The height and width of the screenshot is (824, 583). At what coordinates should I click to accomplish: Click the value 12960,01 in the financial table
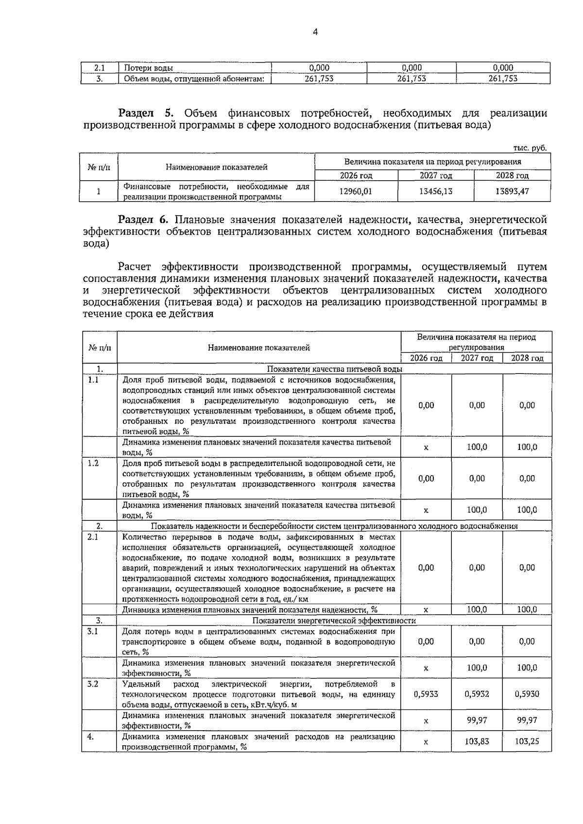point(356,191)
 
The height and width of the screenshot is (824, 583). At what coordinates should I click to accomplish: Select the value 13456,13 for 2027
point(436,191)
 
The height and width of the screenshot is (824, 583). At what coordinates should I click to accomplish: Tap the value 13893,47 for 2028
point(512,191)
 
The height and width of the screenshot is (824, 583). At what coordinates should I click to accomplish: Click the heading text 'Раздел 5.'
point(146,114)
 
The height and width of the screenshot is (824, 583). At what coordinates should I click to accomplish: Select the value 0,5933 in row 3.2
point(426,694)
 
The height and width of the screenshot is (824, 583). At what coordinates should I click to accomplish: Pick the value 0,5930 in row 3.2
point(527,694)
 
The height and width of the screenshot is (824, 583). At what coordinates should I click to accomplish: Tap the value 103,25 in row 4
point(527,742)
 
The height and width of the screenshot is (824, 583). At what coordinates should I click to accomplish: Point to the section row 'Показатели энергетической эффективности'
point(334,620)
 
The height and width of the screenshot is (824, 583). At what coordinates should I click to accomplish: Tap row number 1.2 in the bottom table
point(93,463)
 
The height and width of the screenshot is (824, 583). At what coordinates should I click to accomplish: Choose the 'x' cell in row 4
point(426,742)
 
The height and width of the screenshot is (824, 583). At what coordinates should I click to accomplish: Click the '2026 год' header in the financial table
point(356,176)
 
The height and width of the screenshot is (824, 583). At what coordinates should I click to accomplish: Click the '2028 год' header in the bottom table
point(527,358)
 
